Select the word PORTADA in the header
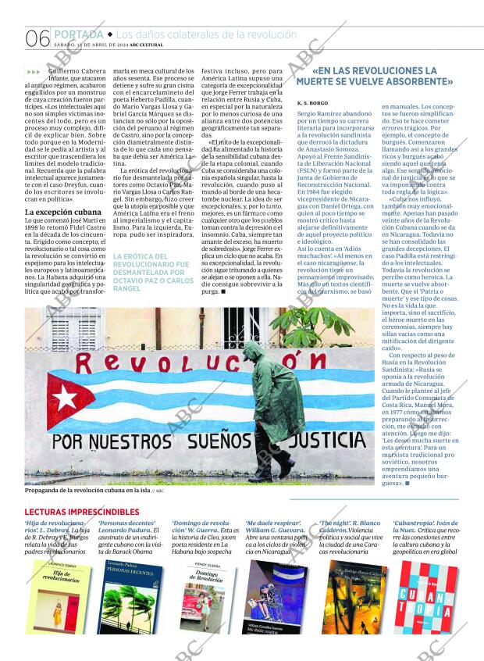78,34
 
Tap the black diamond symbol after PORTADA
110,34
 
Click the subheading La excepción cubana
63,212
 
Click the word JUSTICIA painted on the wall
325,442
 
